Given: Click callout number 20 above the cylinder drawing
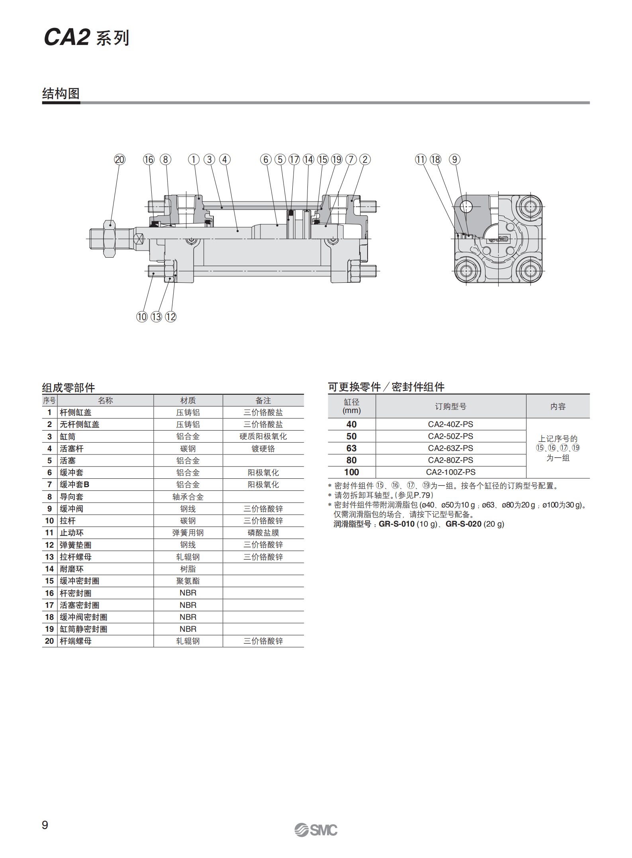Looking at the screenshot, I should pos(119,160).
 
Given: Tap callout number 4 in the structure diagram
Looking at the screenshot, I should pos(225,160).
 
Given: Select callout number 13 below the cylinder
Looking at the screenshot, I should pos(156,317).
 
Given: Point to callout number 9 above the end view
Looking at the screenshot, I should pos(454,160).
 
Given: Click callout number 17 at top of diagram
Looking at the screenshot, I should pos(294,160).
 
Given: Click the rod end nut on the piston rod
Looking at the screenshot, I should pos(109,239).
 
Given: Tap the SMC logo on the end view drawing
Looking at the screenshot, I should pos(499,239).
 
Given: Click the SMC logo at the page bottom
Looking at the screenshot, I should pos(316,830).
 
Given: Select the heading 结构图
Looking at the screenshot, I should pos(61,94).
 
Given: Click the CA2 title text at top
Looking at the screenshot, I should pos(67,37).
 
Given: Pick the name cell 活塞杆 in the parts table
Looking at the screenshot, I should pos(72,449).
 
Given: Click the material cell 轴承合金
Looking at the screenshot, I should pos(188,497).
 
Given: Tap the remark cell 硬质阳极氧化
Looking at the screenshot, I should pos(263,437).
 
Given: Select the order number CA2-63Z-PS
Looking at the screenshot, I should pos(450,448).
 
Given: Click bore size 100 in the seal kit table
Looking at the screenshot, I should pos(351,472).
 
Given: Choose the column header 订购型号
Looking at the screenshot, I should pos(450,406).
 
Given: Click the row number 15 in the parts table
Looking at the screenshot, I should pos(49,581).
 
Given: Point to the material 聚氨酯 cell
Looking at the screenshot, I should pos(188,581).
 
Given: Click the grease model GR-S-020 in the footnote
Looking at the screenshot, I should pos(463,524).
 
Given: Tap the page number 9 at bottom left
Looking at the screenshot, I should pos(45,825).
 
